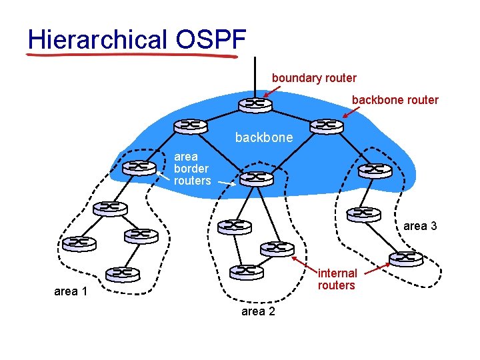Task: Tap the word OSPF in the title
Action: point(211,39)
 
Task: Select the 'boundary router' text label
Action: point(314,78)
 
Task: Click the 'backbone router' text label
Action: point(395,100)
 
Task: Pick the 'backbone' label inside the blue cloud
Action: point(263,138)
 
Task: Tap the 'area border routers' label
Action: point(192,169)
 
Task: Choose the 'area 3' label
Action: point(420,226)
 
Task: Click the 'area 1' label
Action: point(71,291)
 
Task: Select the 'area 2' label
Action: point(257,311)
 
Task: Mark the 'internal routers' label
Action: point(337,279)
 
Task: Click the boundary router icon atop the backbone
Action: point(254,105)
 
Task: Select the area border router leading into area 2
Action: point(257,178)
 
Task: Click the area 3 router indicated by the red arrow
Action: point(406,258)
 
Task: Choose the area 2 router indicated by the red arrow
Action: point(277,248)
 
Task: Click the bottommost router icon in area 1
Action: point(123,273)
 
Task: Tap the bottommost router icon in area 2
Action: point(246,271)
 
